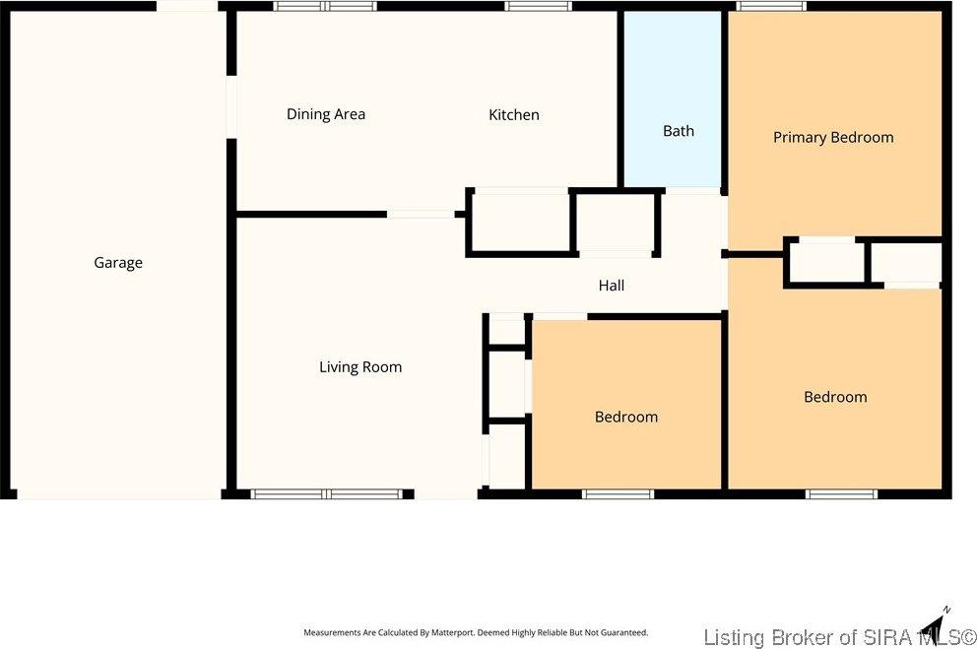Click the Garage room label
118,263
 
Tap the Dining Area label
325,114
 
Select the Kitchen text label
513,115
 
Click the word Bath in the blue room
678,131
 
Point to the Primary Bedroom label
832,138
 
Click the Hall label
611,286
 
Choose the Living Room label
359,367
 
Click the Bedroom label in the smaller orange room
625,417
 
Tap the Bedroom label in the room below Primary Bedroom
834,397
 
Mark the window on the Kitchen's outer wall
539,6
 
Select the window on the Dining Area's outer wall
324,6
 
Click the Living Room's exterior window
327,494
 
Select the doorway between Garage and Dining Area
231,106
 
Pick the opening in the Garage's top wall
187,6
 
